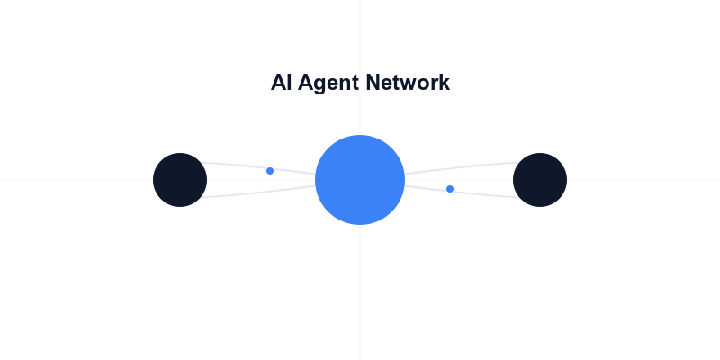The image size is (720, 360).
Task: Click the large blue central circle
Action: pos(360,180)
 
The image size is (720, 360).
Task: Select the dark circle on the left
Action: pos(180,180)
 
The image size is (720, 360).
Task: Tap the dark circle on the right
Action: pos(540,180)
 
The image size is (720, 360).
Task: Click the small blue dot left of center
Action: pos(270,171)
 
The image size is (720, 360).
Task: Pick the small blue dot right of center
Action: pos(450,189)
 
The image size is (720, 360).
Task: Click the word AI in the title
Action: pos(281,83)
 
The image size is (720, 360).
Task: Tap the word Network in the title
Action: pos(408,83)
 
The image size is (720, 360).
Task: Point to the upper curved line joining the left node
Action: pos(260,167)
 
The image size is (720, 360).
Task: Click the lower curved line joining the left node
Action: pos(260,193)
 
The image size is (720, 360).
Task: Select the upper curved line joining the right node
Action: pos(461,167)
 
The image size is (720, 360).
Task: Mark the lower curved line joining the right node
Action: pos(461,193)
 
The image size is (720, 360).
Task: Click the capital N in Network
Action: pos(373,83)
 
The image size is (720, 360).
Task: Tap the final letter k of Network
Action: pos(445,83)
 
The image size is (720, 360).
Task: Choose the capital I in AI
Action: pos(289,83)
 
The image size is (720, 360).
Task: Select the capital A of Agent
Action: pos(305,83)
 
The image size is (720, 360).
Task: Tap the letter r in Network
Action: pos(435,85)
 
